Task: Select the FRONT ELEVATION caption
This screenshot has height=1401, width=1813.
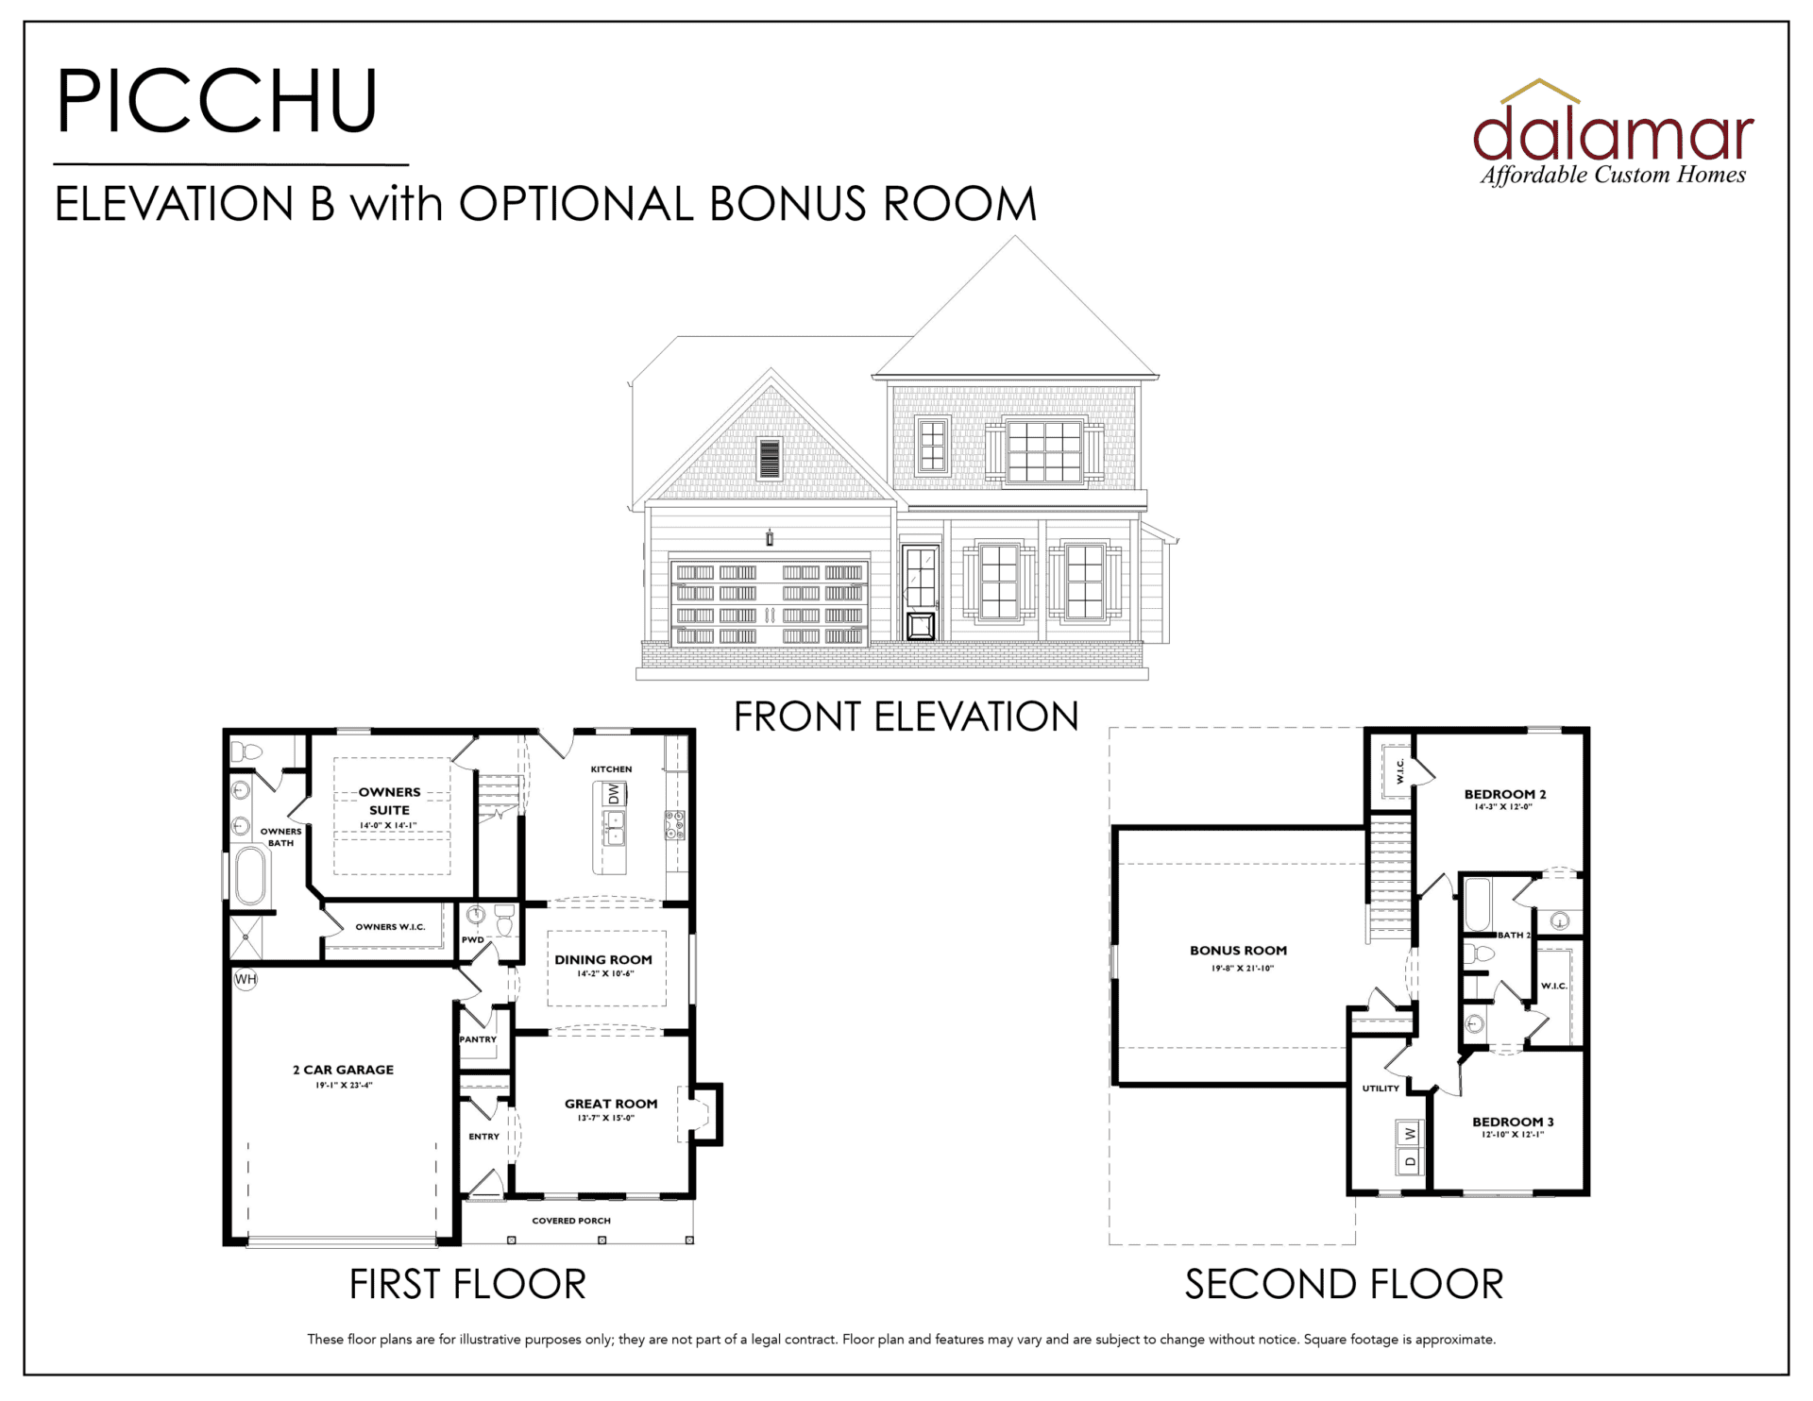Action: pyautogui.click(x=906, y=717)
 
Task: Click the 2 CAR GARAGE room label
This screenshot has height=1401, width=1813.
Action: pyautogui.click(x=343, y=1070)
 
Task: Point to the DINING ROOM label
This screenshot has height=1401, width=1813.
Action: pyautogui.click(x=603, y=959)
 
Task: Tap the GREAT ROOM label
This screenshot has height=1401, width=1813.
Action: pyautogui.click(x=611, y=1104)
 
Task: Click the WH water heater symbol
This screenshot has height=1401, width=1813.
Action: pyautogui.click(x=246, y=979)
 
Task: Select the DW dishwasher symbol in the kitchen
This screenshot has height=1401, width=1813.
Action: pyautogui.click(x=614, y=794)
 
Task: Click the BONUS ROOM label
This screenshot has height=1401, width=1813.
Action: pyautogui.click(x=1238, y=951)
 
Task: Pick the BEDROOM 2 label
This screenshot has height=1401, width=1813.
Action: pyautogui.click(x=1504, y=794)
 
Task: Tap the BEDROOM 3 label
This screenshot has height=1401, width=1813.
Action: pyautogui.click(x=1513, y=1122)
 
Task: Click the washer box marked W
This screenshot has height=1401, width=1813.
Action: pyautogui.click(x=1410, y=1133)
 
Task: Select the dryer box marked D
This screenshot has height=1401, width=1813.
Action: pyautogui.click(x=1410, y=1161)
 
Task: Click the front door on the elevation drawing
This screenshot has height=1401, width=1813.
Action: pyautogui.click(x=920, y=592)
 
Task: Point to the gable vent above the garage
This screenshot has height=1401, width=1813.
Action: pyautogui.click(x=770, y=459)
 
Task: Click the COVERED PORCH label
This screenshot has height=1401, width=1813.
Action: pyautogui.click(x=571, y=1221)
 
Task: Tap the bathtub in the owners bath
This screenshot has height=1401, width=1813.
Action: pyautogui.click(x=250, y=876)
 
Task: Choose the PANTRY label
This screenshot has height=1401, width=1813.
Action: pyautogui.click(x=478, y=1039)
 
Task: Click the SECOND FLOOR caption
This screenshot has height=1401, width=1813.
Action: pyautogui.click(x=1344, y=1284)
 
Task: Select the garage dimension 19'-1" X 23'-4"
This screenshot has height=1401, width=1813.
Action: pyautogui.click(x=344, y=1086)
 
